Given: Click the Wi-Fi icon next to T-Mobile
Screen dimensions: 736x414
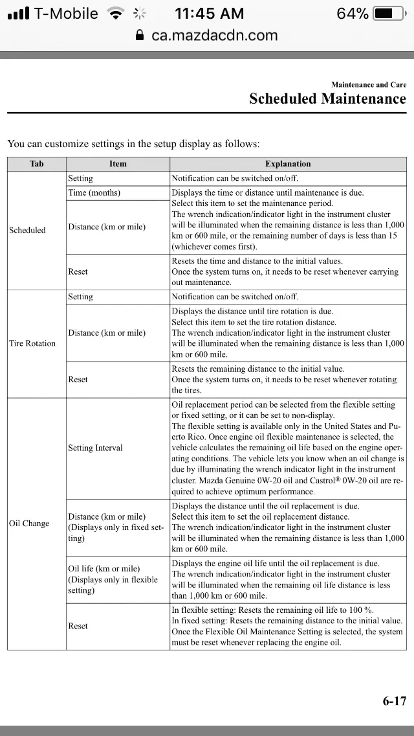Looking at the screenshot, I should [116, 14].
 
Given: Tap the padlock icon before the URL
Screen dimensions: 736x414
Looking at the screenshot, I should [140, 35].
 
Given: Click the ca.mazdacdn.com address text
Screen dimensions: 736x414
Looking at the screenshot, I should [214, 35].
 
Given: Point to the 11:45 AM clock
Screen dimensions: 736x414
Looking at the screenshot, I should [210, 14].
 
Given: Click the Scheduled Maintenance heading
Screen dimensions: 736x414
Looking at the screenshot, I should [327, 98].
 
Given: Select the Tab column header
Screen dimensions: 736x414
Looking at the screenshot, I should [37, 164].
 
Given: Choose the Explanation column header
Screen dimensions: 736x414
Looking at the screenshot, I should [288, 164].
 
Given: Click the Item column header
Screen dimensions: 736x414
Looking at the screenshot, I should [118, 164].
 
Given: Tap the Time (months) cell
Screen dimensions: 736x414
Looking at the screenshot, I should [94, 193].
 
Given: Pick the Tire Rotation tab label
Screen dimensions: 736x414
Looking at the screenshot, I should [32, 343].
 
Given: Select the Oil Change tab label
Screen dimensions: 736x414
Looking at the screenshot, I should [29, 523].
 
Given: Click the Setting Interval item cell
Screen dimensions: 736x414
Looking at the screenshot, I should [95, 448].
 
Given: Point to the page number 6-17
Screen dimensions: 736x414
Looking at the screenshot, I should [394, 701].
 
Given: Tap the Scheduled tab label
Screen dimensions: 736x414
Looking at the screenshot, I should [27, 230].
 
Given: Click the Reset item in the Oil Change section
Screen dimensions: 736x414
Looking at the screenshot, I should [78, 626].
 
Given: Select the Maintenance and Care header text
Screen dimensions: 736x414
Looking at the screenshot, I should [369, 85].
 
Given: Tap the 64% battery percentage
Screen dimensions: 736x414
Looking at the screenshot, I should [353, 14].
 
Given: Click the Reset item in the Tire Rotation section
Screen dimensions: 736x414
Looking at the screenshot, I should [78, 380].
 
